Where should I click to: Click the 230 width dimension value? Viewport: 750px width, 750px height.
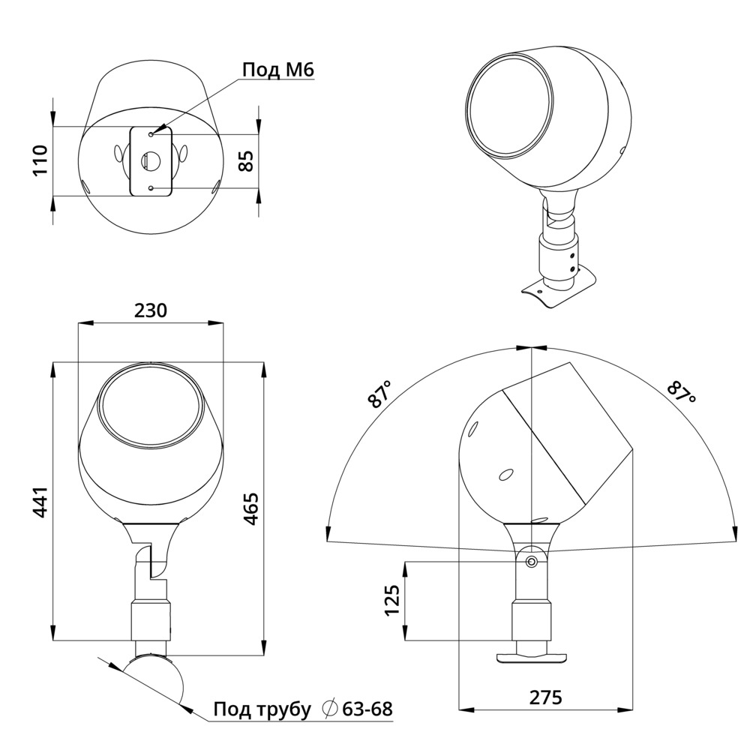pos(150,310)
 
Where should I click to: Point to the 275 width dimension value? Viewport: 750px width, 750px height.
pos(545,697)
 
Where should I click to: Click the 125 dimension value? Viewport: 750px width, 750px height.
pos(393,600)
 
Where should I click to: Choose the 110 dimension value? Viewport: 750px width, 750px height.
pos(40,160)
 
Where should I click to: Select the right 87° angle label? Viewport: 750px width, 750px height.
pos(682,394)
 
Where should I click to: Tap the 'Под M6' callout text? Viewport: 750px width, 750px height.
pos(277,70)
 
